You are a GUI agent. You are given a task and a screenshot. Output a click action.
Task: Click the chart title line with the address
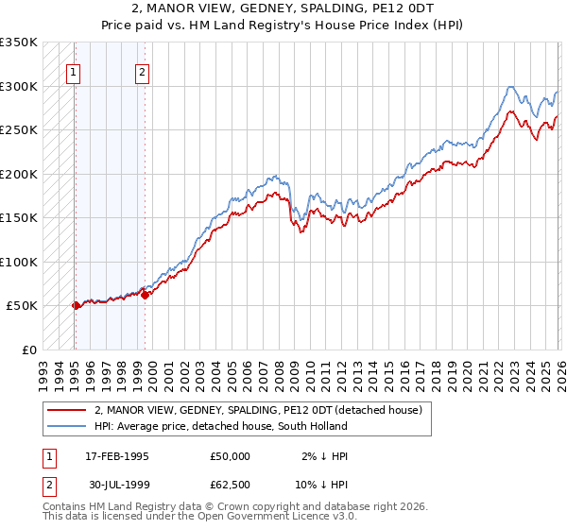(x=283, y=8)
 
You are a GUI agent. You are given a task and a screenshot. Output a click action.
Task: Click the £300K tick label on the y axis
(x=19, y=86)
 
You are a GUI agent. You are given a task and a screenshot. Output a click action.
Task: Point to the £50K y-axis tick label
(x=22, y=306)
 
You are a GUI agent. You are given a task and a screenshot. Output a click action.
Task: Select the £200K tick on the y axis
(x=19, y=174)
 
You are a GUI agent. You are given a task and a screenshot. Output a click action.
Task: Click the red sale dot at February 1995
(x=76, y=305)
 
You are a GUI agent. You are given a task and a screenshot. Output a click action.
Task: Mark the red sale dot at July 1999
(x=145, y=295)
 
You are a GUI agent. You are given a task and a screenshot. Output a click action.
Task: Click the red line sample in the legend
(x=67, y=409)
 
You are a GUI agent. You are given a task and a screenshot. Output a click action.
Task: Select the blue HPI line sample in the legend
(x=67, y=426)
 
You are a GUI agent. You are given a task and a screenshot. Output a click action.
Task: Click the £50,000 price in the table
(x=231, y=456)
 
